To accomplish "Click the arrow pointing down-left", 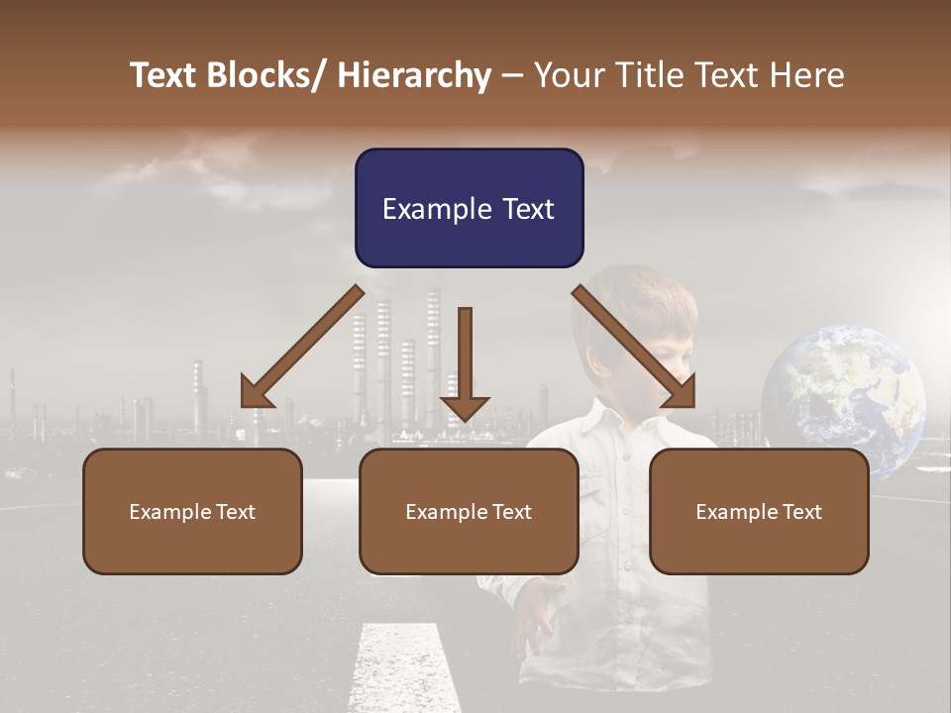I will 303,346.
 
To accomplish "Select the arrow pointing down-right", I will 634,346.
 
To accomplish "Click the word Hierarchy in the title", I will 414,75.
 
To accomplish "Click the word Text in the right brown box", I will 801,512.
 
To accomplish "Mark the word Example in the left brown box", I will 170,512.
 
